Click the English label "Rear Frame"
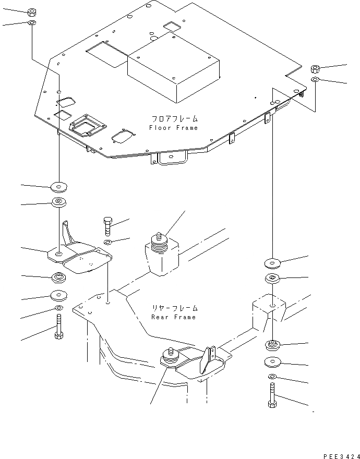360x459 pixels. click(173, 317)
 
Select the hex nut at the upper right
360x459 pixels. click(315, 69)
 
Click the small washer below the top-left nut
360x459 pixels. click(31, 23)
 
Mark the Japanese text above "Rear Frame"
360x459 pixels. click(173, 308)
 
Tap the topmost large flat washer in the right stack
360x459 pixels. click(273, 262)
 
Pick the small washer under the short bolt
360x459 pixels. click(107, 243)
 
